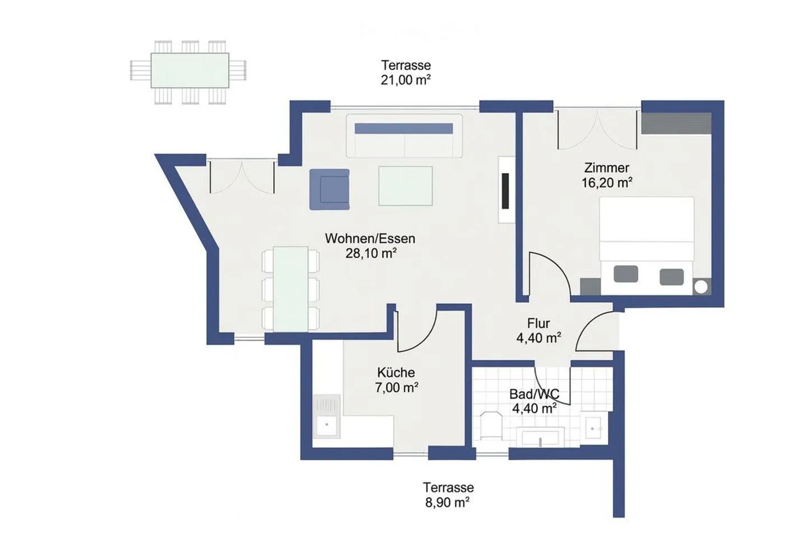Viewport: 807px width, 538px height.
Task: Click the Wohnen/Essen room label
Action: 370,238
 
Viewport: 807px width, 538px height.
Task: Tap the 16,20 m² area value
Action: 607,182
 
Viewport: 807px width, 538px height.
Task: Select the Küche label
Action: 396,372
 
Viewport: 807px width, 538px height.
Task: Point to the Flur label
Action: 538,323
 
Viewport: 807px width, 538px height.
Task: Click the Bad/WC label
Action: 534,394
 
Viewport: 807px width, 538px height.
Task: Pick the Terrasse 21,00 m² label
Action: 406,72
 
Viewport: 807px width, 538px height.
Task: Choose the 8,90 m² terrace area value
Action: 447,503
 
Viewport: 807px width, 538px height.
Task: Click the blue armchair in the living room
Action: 330,189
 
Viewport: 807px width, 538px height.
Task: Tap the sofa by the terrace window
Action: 403,136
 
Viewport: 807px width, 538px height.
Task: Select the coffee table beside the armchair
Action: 405,185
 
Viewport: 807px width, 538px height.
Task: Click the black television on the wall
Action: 505,191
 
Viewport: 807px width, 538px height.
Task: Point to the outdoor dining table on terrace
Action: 189,70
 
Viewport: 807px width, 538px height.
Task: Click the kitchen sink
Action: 327,425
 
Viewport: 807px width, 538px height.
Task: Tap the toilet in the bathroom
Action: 491,426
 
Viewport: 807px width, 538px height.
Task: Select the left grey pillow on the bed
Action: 625,274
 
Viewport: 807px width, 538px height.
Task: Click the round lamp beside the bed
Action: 701,286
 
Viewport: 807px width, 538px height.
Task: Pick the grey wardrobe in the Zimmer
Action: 676,123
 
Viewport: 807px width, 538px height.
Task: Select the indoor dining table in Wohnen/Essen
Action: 291,289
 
